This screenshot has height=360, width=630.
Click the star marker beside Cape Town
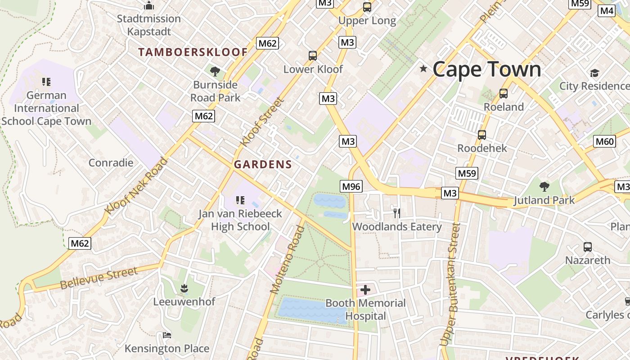(423, 69)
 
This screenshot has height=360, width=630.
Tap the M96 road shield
(351, 186)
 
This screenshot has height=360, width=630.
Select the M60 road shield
(604, 142)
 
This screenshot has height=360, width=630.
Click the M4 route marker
(607, 11)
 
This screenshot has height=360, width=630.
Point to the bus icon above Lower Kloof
(313, 56)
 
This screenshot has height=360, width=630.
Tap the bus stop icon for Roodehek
(482, 135)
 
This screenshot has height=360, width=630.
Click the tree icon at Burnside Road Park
(215, 71)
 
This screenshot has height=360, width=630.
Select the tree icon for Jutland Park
(544, 186)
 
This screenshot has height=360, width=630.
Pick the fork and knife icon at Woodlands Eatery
(396, 213)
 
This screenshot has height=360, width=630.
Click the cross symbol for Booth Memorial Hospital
(365, 290)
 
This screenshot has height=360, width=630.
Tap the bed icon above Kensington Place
(167, 335)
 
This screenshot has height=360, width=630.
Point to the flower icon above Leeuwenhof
(184, 288)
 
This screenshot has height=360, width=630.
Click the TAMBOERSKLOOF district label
(193, 52)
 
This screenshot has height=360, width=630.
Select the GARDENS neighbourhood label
(263, 165)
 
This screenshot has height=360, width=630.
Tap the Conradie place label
(111, 162)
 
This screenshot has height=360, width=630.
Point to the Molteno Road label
(288, 260)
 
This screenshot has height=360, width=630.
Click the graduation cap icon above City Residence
(594, 73)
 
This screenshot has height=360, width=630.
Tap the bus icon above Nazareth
(588, 247)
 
